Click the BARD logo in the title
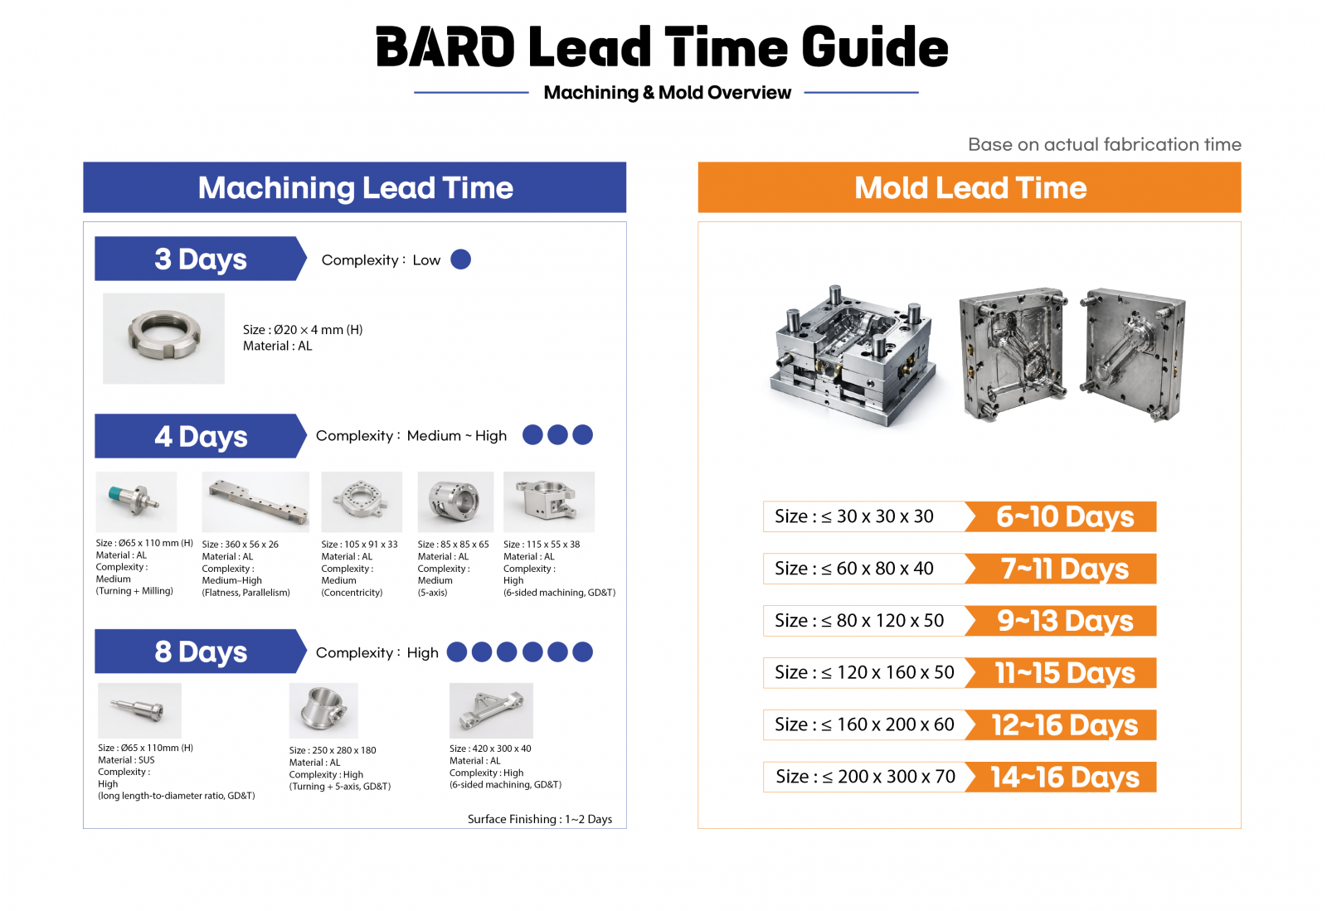pyautogui.click(x=445, y=46)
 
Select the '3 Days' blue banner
pyautogui.click(x=200, y=259)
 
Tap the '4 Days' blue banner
pyautogui.click(x=200, y=436)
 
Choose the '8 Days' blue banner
pyautogui.click(x=200, y=652)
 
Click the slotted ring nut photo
pyautogui.click(x=163, y=338)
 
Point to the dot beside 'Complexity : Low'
pyautogui.click(x=461, y=259)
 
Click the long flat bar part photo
pyautogui.click(x=255, y=502)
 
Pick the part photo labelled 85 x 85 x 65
pyautogui.click(x=455, y=502)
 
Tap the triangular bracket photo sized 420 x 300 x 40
pyautogui.click(x=491, y=710)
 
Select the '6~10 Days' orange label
pyautogui.click(x=1061, y=516)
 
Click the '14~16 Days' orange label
pyautogui.click(x=1061, y=777)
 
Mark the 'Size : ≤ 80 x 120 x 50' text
pyautogui.click(x=859, y=620)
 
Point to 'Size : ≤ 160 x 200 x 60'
pyautogui.click(x=864, y=724)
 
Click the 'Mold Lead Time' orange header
pyautogui.click(x=970, y=187)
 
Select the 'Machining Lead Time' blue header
pyautogui.click(x=354, y=187)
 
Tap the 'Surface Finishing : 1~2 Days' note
pyautogui.click(x=540, y=819)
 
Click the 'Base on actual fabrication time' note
pyautogui.click(x=1104, y=144)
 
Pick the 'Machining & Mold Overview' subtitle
pyautogui.click(x=667, y=92)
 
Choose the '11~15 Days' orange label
pyautogui.click(x=1061, y=672)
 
